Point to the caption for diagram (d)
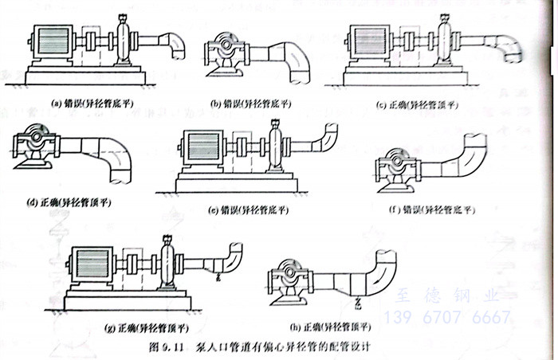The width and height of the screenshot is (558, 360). coord(69,202)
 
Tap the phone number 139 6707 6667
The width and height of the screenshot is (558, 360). coord(446,319)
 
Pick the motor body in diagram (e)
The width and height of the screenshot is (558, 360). coord(206,150)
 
